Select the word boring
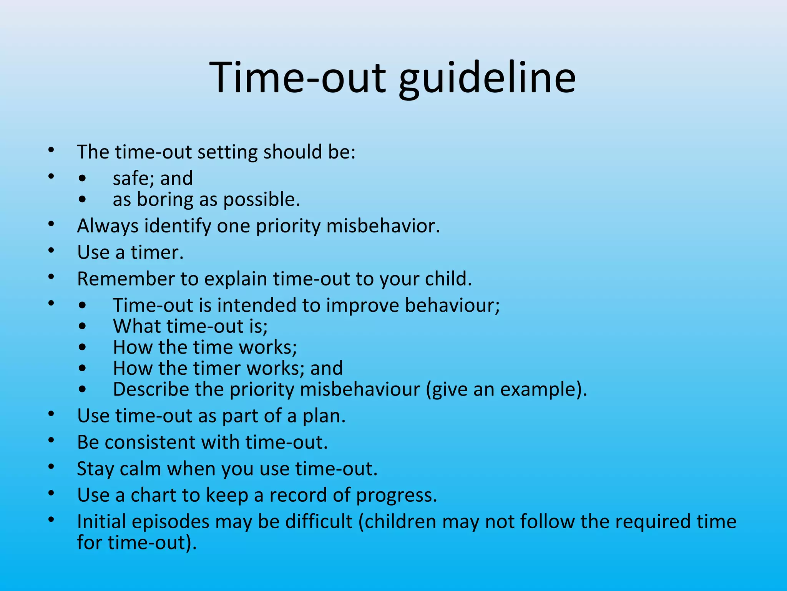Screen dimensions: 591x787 coord(165,200)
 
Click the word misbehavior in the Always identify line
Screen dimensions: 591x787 coord(383,226)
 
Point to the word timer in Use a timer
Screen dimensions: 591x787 coord(157,253)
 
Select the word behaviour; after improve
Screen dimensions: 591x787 coord(452,306)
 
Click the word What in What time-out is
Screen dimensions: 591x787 coord(136,327)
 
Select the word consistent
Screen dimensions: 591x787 coord(150,442)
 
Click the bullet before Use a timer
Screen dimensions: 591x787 coord(51,251)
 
